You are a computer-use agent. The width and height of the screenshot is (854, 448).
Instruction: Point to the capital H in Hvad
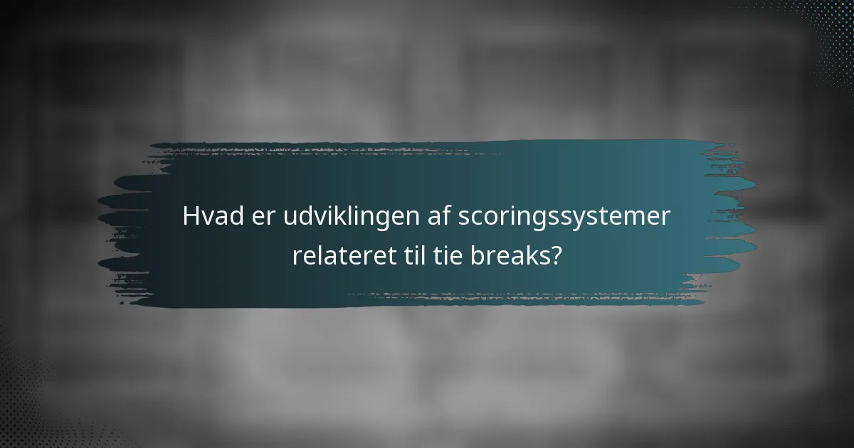click(191, 216)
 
